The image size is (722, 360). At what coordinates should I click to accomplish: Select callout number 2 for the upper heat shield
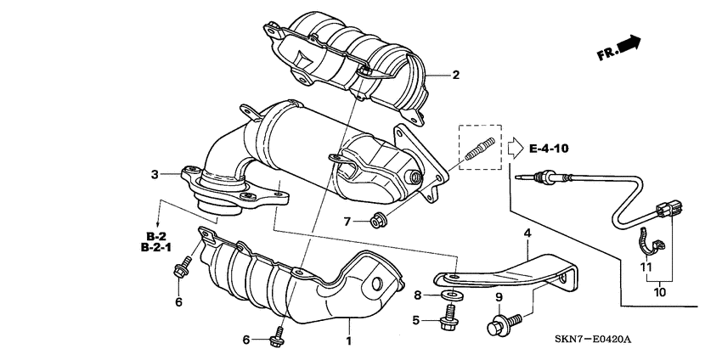455,75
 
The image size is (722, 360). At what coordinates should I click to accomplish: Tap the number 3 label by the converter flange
155,175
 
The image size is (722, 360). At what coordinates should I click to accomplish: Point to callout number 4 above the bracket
527,233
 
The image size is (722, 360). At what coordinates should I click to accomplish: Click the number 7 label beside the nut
346,222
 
